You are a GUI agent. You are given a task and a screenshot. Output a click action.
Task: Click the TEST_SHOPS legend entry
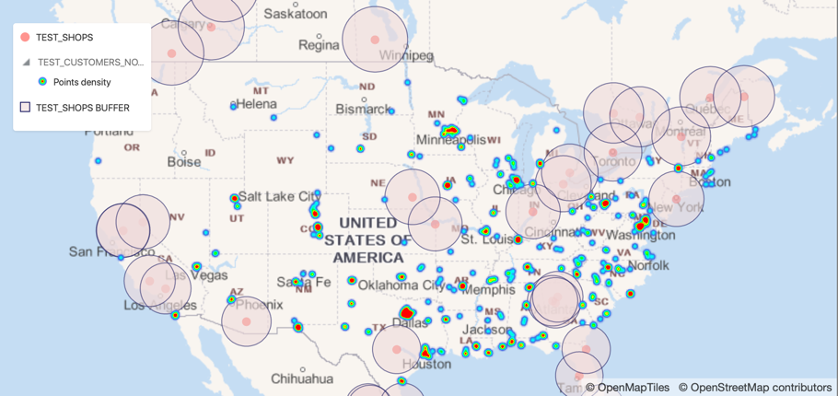[x=64, y=38]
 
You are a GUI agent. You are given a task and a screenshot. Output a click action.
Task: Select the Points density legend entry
[x=82, y=83]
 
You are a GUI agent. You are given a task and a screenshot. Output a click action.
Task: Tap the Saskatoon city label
[x=295, y=14]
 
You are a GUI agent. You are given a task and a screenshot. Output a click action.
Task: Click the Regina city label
[x=319, y=44]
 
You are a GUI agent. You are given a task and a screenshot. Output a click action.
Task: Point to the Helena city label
[x=256, y=105]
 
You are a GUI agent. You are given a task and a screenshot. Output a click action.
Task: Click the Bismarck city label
[x=363, y=110]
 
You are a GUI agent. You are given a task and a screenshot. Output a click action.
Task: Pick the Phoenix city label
[x=259, y=304]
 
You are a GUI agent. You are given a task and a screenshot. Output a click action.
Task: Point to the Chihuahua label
[x=302, y=379]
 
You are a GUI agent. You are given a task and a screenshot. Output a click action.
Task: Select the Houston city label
[x=427, y=364]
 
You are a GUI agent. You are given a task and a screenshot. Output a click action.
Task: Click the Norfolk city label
[x=648, y=266]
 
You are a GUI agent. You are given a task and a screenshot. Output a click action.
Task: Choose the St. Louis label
[x=486, y=240]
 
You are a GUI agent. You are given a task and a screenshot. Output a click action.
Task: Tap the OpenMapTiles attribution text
[x=628, y=388]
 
